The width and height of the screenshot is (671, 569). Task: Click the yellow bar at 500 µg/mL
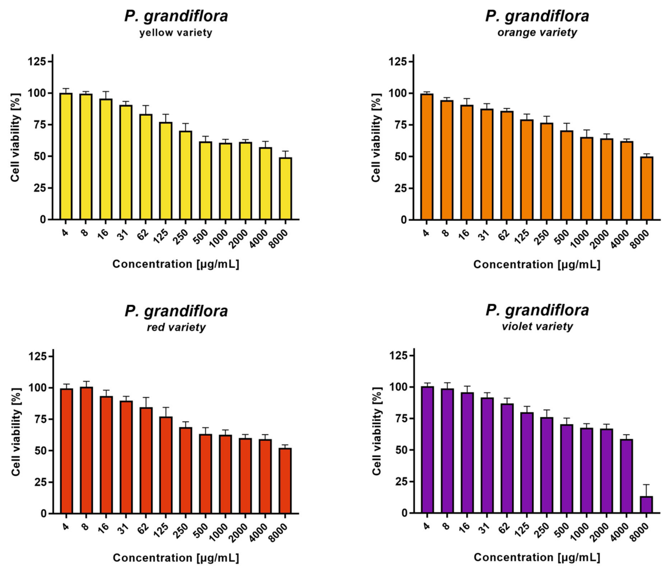205,181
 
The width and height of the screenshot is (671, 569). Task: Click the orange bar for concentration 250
547,171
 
